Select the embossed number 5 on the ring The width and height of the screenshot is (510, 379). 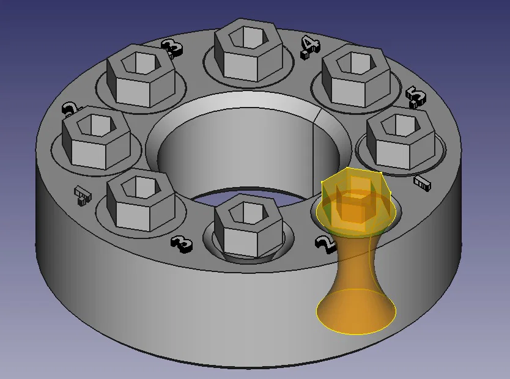415,96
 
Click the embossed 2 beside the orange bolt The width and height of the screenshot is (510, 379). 325,244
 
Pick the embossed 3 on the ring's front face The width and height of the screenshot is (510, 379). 182,243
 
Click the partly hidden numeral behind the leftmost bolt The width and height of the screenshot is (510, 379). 71,110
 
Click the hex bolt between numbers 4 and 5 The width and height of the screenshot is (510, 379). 356,76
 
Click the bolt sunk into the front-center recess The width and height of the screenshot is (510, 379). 248,226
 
